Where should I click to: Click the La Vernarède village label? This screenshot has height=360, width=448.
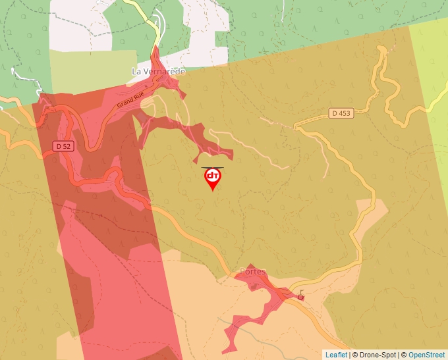tap(158, 71)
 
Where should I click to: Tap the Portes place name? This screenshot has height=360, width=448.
tap(254, 271)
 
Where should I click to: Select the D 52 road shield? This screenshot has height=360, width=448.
tap(63, 146)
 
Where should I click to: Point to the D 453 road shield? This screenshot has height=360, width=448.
tap(341, 113)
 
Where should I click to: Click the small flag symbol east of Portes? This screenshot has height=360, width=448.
tap(302, 294)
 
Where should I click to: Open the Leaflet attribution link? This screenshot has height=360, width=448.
tap(336, 355)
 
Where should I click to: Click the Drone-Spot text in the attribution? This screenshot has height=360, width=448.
tap(378, 355)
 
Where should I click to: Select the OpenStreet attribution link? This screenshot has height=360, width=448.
tap(427, 355)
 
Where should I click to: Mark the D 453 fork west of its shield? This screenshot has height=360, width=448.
tap(297, 126)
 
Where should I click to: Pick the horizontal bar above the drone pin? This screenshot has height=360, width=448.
tap(212, 167)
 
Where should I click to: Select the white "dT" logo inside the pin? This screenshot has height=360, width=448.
tap(212, 176)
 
